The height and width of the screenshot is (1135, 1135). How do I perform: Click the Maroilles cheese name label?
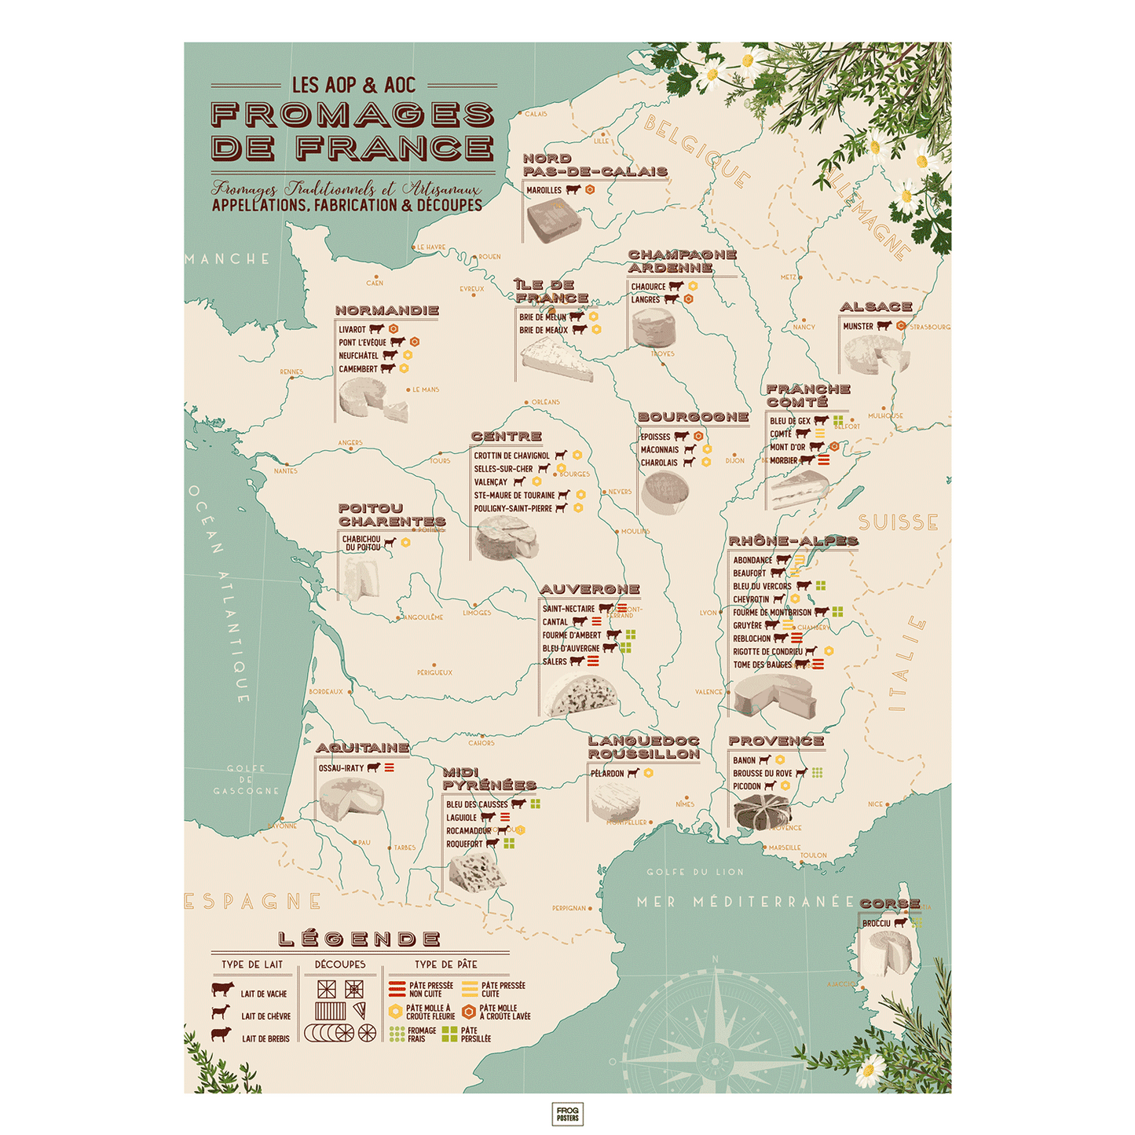point(544,190)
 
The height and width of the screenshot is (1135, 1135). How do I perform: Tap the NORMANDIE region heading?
point(386,310)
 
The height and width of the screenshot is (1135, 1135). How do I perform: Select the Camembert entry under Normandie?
point(358,369)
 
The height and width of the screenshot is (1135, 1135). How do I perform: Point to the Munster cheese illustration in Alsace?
point(875,355)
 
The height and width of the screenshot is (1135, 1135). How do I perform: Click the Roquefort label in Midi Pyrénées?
point(464,844)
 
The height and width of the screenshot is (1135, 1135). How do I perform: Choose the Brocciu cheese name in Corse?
point(876,924)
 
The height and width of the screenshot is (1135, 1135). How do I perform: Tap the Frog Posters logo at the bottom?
point(567,1114)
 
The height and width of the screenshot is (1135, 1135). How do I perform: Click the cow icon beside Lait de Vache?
point(222,989)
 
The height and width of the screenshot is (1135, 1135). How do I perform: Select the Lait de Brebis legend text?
point(265,1039)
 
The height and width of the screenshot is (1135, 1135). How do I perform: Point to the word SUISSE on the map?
point(898,522)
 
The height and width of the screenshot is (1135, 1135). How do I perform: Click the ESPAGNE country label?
point(253,902)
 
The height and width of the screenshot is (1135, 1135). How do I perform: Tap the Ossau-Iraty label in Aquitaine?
point(341,768)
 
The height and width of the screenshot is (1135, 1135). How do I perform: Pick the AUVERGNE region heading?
point(589,589)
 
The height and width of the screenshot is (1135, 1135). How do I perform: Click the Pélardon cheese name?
point(607,774)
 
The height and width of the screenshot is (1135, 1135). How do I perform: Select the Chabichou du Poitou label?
point(361,544)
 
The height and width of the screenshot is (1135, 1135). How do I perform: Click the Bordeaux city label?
point(326,692)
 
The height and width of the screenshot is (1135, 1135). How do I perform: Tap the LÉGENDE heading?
point(359,939)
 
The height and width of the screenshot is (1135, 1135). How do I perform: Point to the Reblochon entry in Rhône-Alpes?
point(752,639)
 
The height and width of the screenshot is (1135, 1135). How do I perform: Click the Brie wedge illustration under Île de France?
point(556,360)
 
